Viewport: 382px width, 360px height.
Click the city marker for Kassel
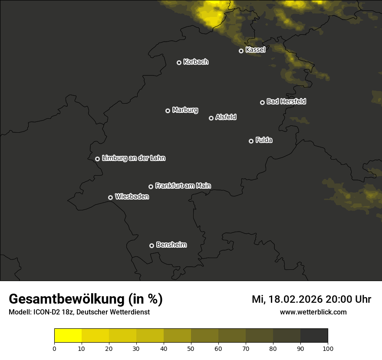tap(241, 51)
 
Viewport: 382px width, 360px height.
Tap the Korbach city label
tap(196, 62)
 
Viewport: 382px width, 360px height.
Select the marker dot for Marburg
tap(168, 111)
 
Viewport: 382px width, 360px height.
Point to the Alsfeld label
tap(226, 117)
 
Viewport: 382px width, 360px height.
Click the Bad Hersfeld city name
tap(286, 101)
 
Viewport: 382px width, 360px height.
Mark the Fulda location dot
tap(251, 141)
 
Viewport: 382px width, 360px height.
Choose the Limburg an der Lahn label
tap(134, 158)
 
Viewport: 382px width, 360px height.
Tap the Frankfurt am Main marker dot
tap(151, 187)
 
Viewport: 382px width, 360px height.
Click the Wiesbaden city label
tap(132, 196)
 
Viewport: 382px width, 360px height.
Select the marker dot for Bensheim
tap(151, 245)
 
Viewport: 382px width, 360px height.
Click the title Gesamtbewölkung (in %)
tap(86, 299)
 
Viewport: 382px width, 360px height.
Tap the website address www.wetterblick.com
tap(313, 312)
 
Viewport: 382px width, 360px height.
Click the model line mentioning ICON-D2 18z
tap(79, 312)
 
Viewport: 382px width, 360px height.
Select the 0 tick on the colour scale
tap(54, 348)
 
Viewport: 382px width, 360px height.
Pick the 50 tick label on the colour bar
tap(191, 348)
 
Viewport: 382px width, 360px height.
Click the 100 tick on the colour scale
tap(328, 348)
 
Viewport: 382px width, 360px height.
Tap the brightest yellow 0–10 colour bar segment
tap(68, 336)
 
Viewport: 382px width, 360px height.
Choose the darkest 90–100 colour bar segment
tap(314, 336)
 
